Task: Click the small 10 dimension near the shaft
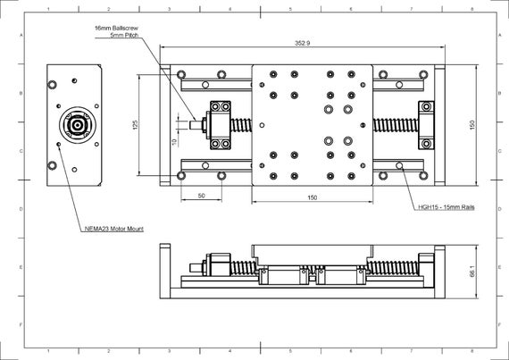coord(174,141)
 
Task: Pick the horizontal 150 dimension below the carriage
coord(312,197)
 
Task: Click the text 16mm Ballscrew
coord(116,28)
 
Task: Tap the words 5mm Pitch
coord(121,36)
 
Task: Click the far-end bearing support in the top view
coord(425,126)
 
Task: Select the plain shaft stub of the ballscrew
coord(197,126)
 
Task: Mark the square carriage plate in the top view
coord(312,126)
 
